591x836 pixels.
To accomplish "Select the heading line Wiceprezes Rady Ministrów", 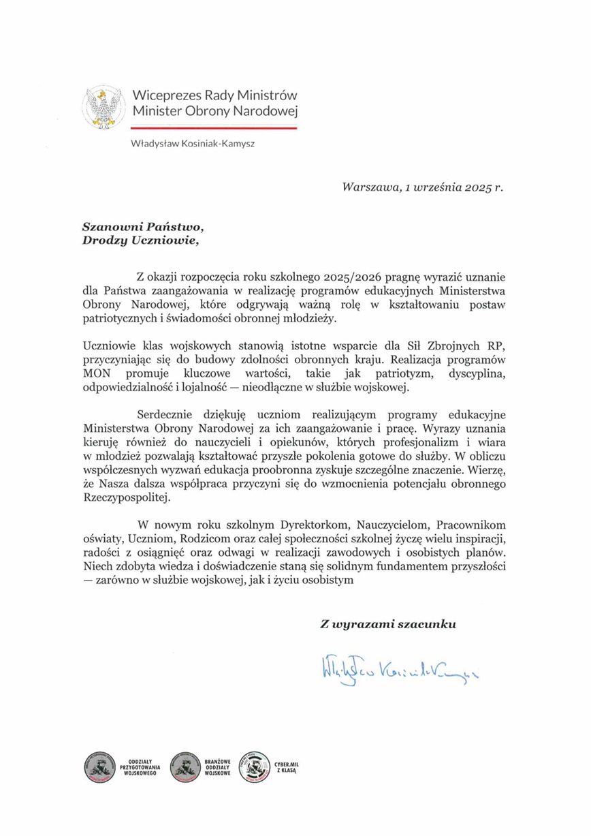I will coord(214,95).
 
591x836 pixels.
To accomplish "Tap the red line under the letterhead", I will coord(214,127).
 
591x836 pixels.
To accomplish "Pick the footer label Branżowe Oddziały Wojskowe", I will coord(217,768).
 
